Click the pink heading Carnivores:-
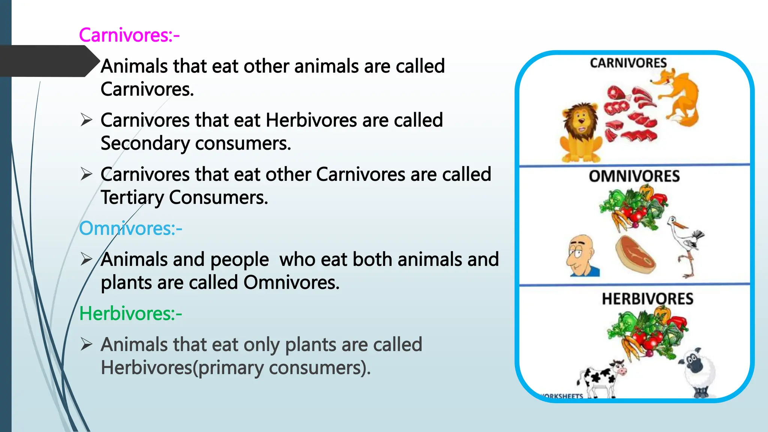point(129,35)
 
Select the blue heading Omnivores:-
point(130,228)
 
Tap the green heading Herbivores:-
point(130,313)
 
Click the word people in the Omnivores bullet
point(239,260)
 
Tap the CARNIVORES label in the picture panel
point(628,63)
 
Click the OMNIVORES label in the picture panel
point(634,176)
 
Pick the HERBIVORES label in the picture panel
point(647,299)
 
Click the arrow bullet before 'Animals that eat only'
point(86,344)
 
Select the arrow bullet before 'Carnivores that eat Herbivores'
point(86,120)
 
